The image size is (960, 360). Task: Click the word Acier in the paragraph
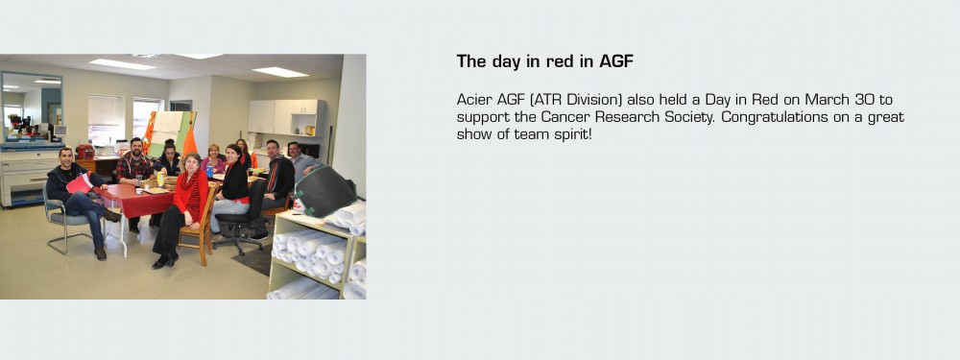(475, 100)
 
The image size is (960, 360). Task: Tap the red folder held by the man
(80, 182)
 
